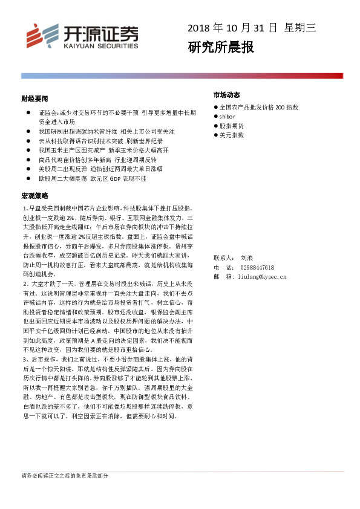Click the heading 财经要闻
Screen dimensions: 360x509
point(34,98)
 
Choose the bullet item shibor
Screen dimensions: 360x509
point(227,116)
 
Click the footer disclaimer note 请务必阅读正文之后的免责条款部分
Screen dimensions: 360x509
point(65,476)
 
